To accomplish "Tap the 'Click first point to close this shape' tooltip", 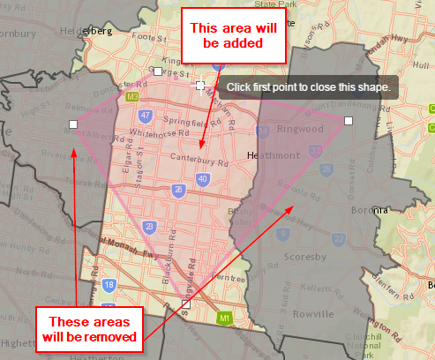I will pyautogui.click(x=308, y=88).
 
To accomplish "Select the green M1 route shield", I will pyautogui.click(x=224, y=317).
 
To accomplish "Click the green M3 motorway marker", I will pyautogui.click(x=132, y=96).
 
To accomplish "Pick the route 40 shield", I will pyautogui.click(x=203, y=179).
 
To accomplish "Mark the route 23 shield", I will pyautogui.click(x=150, y=227).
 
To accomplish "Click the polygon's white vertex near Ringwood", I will pyautogui.click(x=349, y=120).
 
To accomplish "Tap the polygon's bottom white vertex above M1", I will pyautogui.click(x=185, y=304).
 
